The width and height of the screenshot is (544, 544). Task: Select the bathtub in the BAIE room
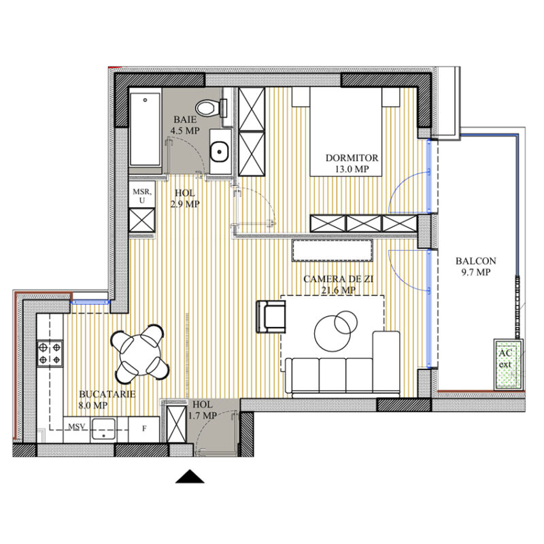click(x=146, y=129)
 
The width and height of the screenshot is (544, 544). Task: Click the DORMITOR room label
click(x=352, y=158)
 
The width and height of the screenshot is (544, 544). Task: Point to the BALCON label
click(x=475, y=260)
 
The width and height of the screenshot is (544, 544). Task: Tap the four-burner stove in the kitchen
click(x=50, y=352)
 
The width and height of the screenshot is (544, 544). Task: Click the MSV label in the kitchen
click(x=77, y=428)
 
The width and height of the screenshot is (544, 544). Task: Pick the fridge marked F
click(x=143, y=428)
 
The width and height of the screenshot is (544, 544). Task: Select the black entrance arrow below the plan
click(x=190, y=477)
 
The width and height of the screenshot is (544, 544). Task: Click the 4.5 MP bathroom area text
click(x=184, y=131)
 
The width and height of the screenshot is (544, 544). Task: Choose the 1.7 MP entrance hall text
click(x=203, y=415)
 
